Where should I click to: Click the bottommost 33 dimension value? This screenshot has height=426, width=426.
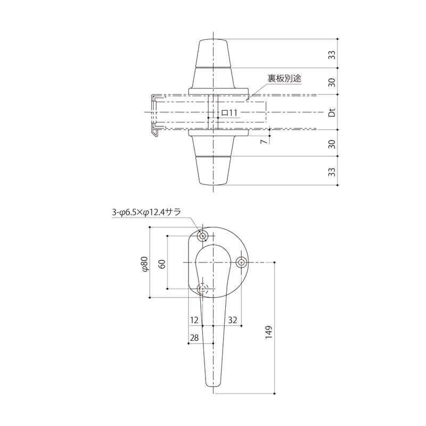[331, 172]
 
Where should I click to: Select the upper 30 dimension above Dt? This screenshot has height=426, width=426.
[331, 82]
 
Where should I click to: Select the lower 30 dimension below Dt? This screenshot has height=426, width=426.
[331, 144]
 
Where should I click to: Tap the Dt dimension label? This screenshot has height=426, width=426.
[331, 113]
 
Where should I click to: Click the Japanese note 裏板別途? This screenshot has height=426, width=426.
[284, 78]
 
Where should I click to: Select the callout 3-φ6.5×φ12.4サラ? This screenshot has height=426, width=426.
[146, 212]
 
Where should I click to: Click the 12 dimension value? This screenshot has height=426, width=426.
[194, 319]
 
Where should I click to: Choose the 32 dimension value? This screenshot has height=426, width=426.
[232, 319]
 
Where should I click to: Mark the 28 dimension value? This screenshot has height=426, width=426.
[194, 338]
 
